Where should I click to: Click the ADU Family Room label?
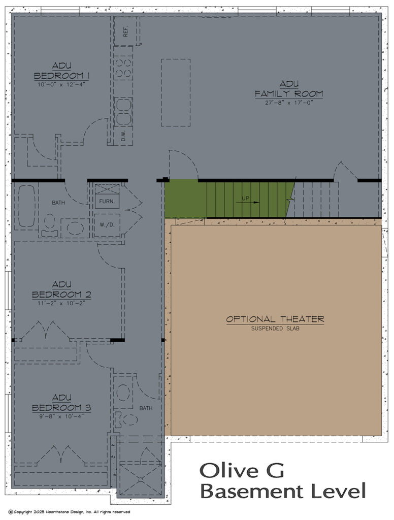point(288,89)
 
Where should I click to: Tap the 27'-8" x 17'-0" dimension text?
point(288,102)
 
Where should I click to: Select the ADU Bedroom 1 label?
point(61,71)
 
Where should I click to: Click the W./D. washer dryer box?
point(107,224)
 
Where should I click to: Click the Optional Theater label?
point(275,319)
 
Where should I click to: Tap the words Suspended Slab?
point(275,329)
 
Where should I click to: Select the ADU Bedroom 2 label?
point(61,289)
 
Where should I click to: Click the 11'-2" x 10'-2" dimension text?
point(61,303)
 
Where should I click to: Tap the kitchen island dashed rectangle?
point(176,92)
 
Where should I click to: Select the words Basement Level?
point(282,491)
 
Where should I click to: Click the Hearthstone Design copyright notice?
point(69,512)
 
